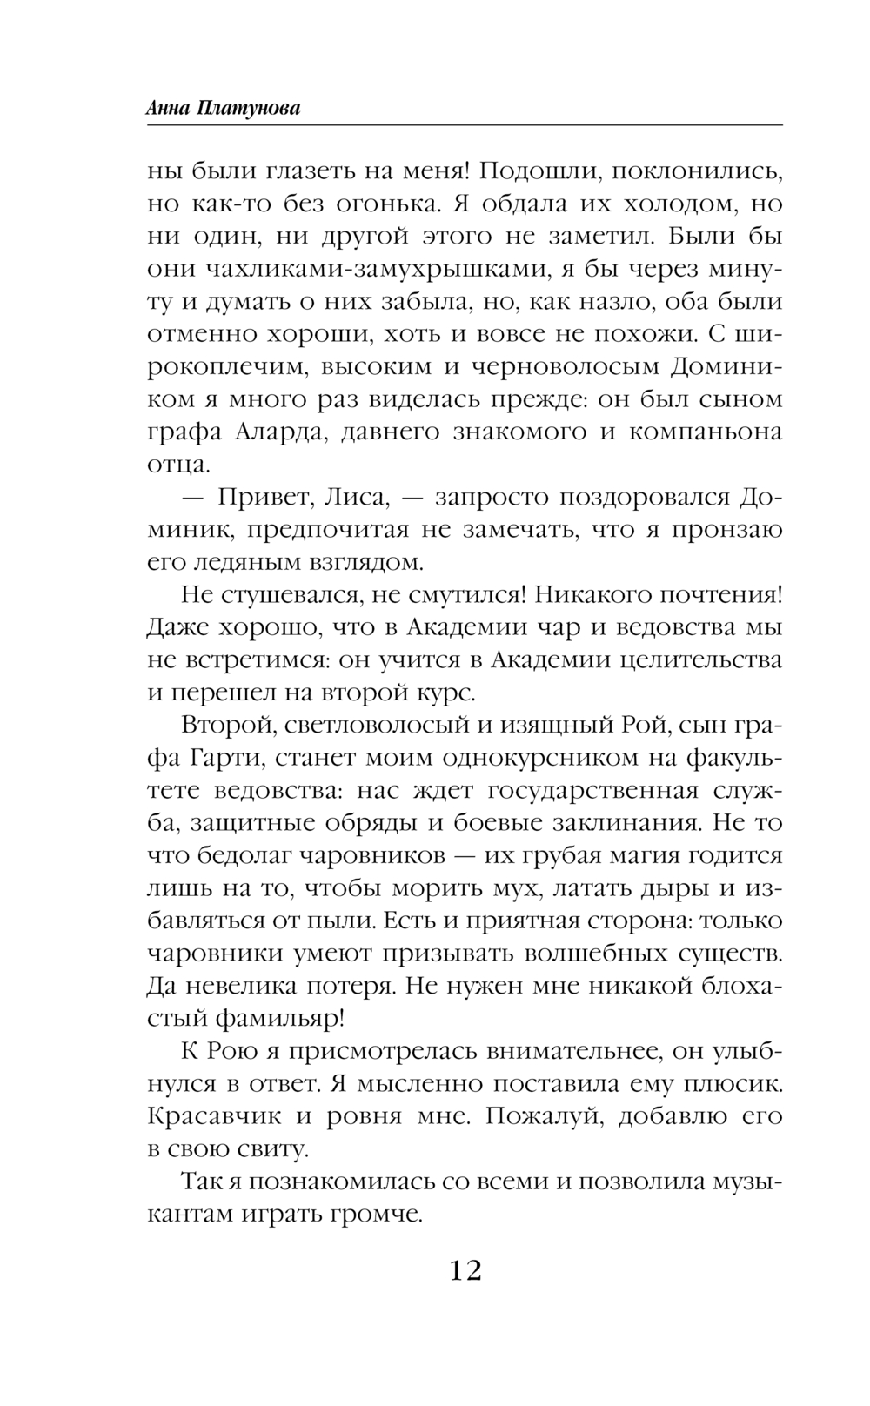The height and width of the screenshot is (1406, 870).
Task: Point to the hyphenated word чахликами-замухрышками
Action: [x=371, y=269]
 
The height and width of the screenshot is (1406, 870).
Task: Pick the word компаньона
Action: [x=706, y=432]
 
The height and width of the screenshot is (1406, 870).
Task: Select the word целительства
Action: [x=700, y=659]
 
